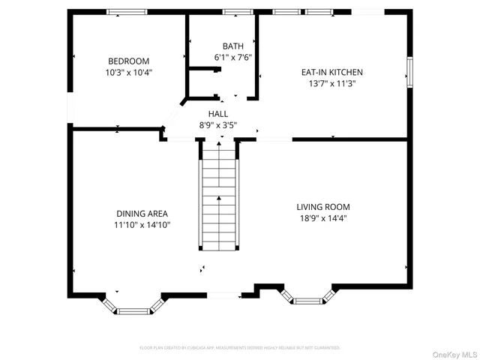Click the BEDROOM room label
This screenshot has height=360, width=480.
[128, 61]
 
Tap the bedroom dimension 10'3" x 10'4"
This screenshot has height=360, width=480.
[128, 73]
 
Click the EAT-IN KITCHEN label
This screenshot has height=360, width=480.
[331, 72]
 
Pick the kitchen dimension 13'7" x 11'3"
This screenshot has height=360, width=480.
[331, 83]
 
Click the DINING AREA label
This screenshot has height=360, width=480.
[142, 213]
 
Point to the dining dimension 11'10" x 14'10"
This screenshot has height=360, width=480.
[142, 224]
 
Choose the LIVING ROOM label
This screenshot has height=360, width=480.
[322, 206]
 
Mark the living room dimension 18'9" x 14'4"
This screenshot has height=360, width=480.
[322, 218]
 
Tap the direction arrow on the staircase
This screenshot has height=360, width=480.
[220, 198]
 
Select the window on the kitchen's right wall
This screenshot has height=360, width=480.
[409, 72]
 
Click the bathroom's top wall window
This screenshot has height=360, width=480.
[237, 12]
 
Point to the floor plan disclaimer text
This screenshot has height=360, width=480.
[240, 348]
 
